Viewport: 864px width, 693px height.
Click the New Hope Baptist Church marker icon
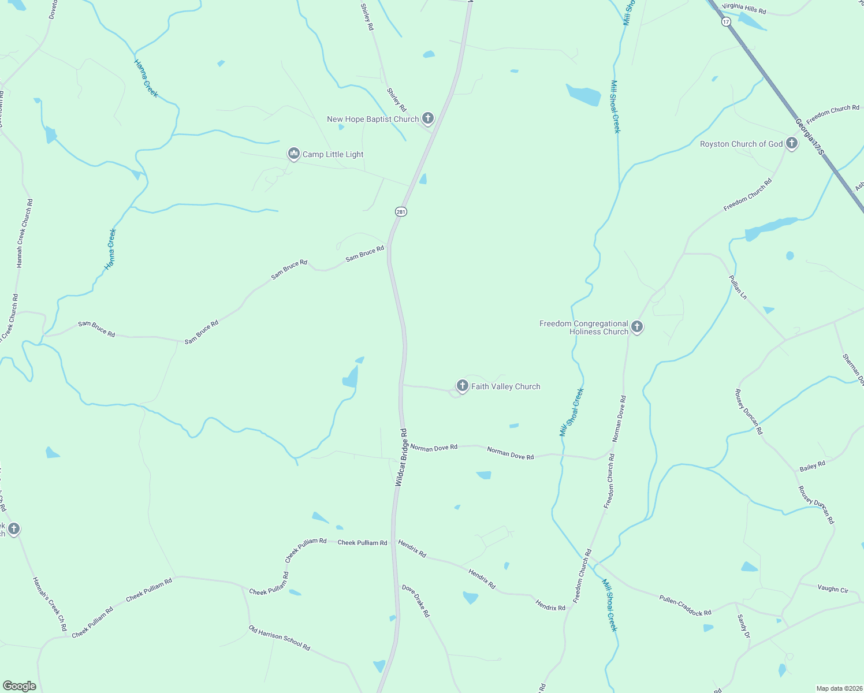[x=427, y=118]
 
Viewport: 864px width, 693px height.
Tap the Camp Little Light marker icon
[x=294, y=154]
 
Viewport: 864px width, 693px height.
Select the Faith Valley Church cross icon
[x=462, y=386]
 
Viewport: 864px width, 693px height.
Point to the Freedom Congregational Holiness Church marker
[x=637, y=327]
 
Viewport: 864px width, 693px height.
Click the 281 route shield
[x=401, y=212]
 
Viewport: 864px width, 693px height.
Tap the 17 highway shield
[x=726, y=21]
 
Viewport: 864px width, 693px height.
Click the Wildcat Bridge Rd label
[x=401, y=457]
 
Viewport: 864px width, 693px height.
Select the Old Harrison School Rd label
[x=280, y=638]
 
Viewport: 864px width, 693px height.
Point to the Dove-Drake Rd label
[x=416, y=601]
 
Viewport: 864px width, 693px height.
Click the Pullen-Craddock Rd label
[x=685, y=605]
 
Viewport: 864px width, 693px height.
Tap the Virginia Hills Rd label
[x=744, y=8]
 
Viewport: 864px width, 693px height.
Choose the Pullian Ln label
[x=738, y=287]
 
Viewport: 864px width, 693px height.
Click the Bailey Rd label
[x=812, y=466]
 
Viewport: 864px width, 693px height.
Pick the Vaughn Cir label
[x=833, y=588]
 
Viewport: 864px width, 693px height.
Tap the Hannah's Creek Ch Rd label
[x=50, y=603]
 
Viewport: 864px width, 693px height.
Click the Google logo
[x=20, y=686]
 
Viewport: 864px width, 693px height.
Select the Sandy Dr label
[x=743, y=626]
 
